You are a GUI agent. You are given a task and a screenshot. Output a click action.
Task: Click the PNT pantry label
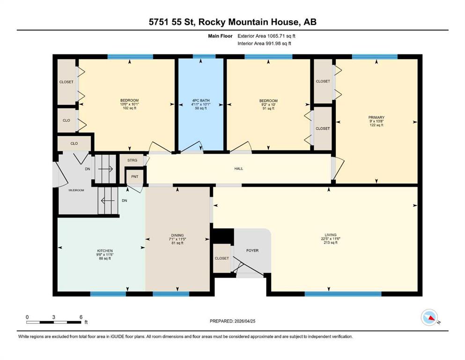[135, 177]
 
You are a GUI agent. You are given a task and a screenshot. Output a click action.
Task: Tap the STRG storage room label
[132, 160]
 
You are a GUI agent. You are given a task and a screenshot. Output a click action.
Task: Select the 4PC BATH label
[201, 101]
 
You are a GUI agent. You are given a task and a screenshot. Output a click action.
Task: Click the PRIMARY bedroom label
[376, 118]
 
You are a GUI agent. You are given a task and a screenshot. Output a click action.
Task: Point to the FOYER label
[252, 250]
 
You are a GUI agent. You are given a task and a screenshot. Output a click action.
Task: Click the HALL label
[239, 169]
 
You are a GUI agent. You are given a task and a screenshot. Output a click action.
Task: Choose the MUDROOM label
[76, 190]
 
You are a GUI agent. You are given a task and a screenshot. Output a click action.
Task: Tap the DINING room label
[177, 235]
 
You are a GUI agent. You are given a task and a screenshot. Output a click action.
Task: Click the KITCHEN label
[105, 251]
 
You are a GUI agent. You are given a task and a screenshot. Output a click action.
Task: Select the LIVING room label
[330, 235]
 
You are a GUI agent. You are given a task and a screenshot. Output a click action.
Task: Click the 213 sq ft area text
[330, 242]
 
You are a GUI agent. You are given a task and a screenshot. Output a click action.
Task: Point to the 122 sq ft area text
[376, 125]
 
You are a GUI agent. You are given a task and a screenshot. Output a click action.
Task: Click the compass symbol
[429, 317]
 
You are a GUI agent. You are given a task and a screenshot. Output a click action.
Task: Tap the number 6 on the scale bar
[81, 317]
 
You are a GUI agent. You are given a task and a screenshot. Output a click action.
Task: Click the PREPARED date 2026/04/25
[244, 321]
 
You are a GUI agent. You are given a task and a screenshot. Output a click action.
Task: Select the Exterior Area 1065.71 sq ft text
[266, 36]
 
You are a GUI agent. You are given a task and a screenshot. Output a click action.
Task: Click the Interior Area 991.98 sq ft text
[264, 43]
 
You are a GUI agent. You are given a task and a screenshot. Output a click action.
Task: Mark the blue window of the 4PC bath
[204, 56]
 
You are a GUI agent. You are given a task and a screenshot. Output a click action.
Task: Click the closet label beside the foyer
[222, 258]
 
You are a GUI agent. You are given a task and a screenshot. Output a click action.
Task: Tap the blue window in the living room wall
[343, 294]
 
